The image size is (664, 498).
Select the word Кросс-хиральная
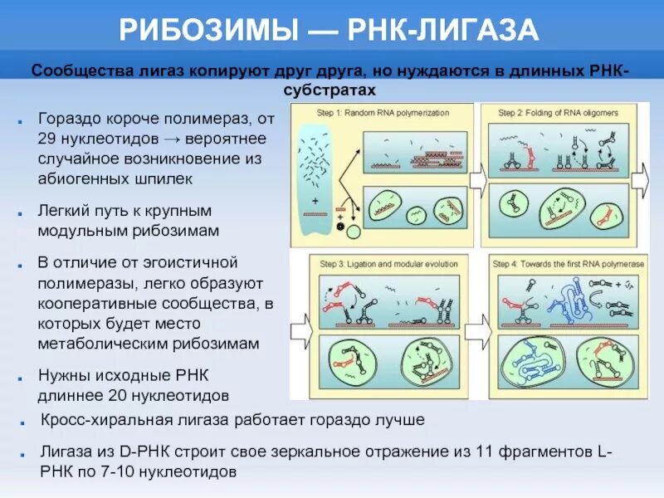click(97, 420)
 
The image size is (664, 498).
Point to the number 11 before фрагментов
click(480, 452)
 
